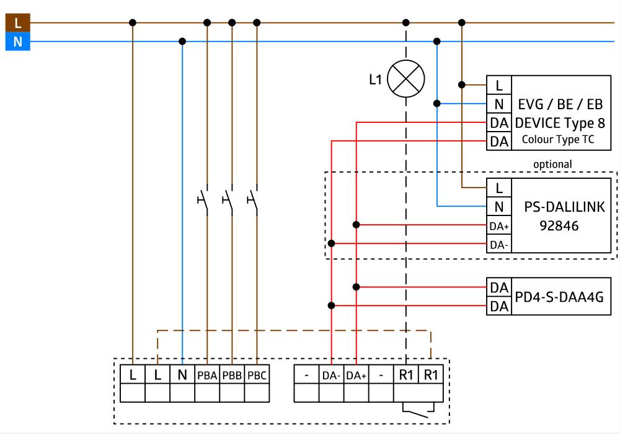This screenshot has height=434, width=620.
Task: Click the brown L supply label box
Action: click(x=17, y=23)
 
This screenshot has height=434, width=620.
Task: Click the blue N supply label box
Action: click(x=17, y=42)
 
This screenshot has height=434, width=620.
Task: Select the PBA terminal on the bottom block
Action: click(x=207, y=375)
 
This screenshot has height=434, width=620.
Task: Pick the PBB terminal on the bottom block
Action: click(x=232, y=375)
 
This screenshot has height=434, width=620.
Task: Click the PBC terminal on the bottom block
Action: click(x=257, y=375)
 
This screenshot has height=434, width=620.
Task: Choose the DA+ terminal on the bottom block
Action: click(x=356, y=375)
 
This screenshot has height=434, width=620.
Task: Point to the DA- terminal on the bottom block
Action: click(x=331, y=375)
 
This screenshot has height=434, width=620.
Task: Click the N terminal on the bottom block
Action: click(x=182, y=375)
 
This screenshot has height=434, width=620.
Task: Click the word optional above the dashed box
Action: click(x=552, y=164)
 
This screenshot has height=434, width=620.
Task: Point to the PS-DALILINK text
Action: click(x=564, y=207)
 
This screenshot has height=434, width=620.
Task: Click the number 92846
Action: click(x=559, y=226)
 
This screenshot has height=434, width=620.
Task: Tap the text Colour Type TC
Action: click(x=558, y=140)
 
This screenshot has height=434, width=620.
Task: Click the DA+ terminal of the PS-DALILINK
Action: click(x=499, y=225)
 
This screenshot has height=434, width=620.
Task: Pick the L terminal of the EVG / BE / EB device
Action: click(x=499, y=85)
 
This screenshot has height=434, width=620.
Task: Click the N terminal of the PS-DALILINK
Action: click(x=499, y=206)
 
